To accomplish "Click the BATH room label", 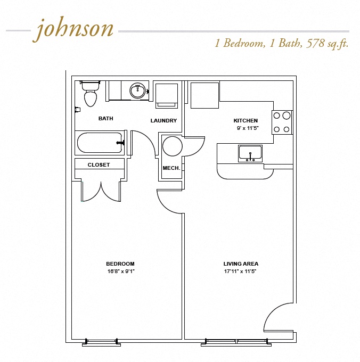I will [105, 119].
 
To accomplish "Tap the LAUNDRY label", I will [163, 121].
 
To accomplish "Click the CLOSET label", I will [99, 165].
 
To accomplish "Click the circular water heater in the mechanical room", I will [173, 146].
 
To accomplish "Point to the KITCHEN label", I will [246, 121].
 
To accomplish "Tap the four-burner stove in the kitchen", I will [282, 122].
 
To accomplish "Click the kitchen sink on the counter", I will [250, 153].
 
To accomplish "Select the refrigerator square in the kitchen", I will [204, 95].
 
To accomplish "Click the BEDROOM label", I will [120, 264].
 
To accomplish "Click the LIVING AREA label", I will [241, 264].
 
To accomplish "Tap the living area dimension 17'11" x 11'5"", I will [241, 271].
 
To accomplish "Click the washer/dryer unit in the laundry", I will [167, 95].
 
